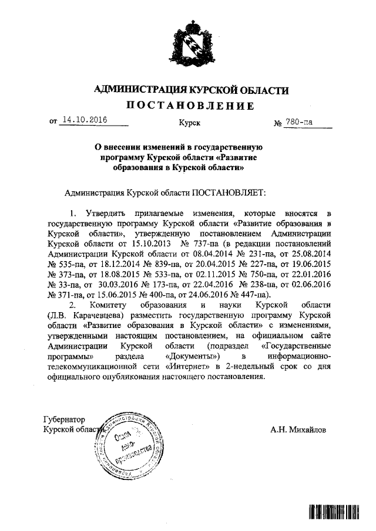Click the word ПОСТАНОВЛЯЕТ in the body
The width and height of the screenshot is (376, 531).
230,192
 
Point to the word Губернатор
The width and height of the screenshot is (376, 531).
65,420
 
